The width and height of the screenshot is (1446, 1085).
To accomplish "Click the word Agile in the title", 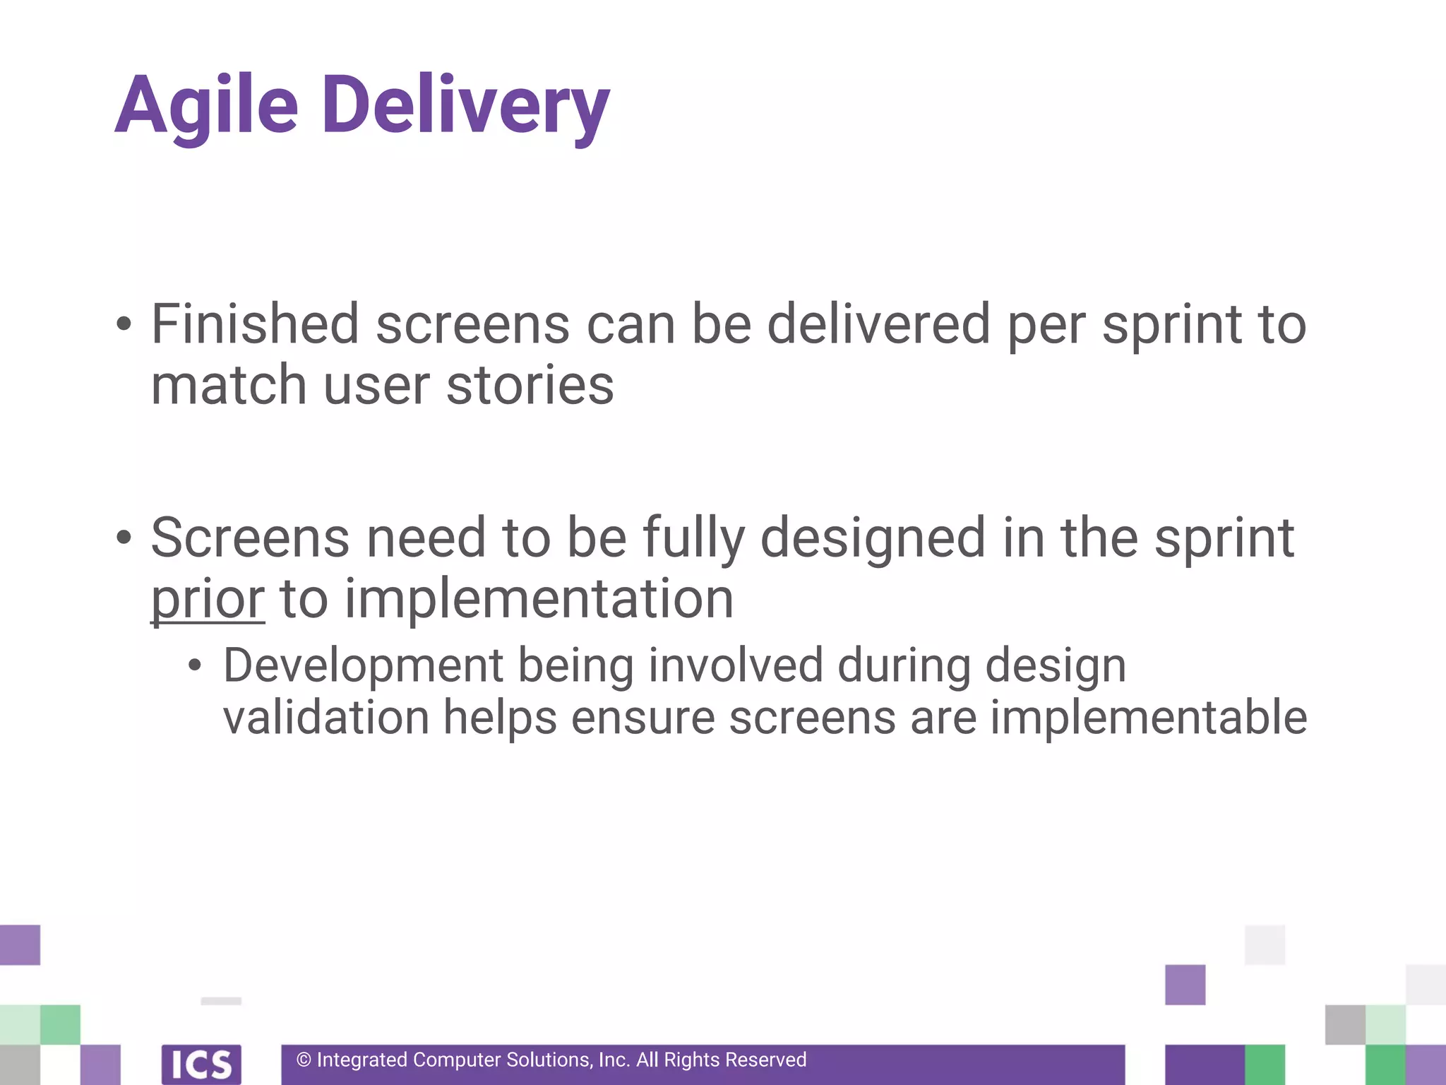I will coord(206,106).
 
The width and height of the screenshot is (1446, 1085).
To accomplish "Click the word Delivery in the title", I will coord(465,106).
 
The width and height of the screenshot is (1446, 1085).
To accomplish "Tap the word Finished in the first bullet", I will coord(255,324).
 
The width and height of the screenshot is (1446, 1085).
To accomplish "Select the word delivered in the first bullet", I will coord(878,324).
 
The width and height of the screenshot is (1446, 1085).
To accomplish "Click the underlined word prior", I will coord(208,600).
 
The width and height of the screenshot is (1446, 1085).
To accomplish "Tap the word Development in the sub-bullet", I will coord(363,665).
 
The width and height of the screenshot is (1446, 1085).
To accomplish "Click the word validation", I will coord(326,718).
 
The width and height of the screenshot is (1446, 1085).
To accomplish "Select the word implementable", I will coord(1148,718).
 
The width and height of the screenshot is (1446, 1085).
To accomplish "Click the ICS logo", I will coord(201,1064).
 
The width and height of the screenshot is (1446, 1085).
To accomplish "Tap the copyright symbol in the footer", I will coord(304,1060).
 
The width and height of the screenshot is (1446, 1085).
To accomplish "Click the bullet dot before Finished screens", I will coord(124,324).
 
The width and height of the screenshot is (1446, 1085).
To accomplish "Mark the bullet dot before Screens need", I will coord(124,538).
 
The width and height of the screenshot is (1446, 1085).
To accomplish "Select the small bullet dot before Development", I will coord(195,665).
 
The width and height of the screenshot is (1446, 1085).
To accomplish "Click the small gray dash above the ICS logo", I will coord(221,1001).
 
